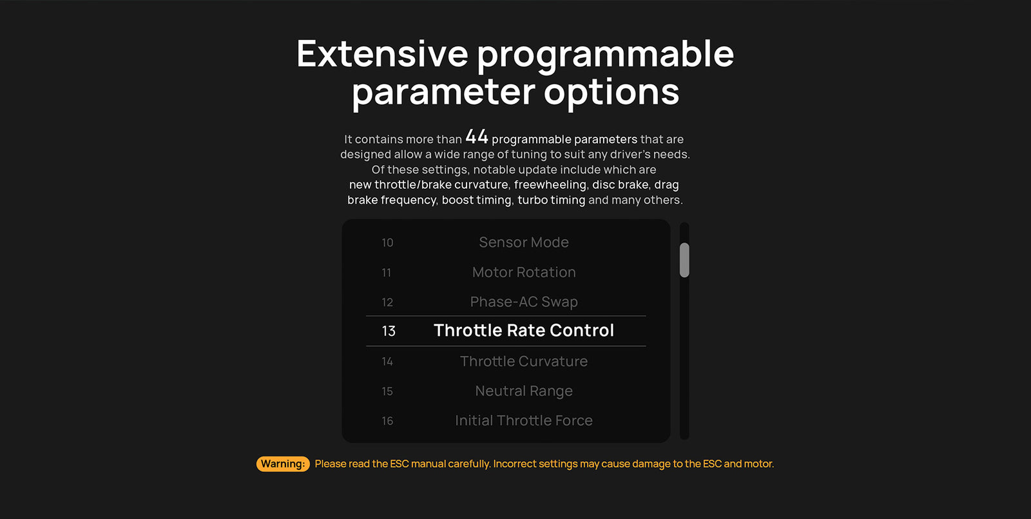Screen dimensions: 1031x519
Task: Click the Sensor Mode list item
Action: click(x=524, y=242)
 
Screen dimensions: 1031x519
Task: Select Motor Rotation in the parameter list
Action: click(x=524, y=272)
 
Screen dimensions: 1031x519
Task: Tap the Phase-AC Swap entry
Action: click(x=524, y=302)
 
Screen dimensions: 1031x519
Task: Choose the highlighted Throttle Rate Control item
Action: click(x=524, y=331)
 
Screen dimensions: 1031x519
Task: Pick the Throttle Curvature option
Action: click(x=524, y=361)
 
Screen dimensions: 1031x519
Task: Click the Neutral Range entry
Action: click(x=524, y=391)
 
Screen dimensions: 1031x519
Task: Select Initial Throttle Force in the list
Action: click(x=524, y=420)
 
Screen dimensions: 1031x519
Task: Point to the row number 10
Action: click(x=387, y=242)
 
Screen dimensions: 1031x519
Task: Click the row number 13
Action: click(x=389, y=331)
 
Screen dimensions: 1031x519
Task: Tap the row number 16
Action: click(x=387, y=421)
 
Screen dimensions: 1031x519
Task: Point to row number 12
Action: click(x=387, y=302)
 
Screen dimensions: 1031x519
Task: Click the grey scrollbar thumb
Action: click(x=684, y=260)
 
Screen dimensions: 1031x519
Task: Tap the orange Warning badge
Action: click(x=283, y=464)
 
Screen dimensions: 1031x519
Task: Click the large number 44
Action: click(x=477, y=137)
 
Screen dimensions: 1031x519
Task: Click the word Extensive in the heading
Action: click(x=383, y=54)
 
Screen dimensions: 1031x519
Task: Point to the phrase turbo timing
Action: click(x=552, y=200)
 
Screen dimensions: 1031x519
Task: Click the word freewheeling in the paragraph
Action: click(x=550, y=184)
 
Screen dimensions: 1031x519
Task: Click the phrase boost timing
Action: click(x=476, y=200)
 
